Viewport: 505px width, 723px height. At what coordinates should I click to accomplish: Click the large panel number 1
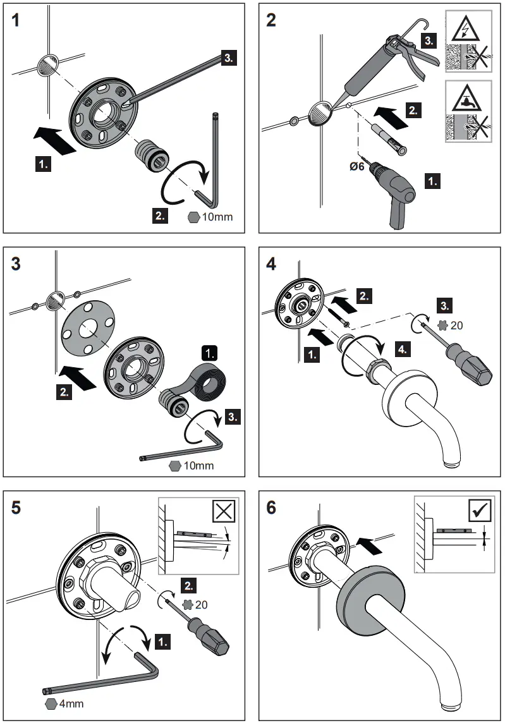(19, 21)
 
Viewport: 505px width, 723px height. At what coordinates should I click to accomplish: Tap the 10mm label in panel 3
(198, 466)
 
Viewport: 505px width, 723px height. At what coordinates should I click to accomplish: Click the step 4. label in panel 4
(402, 348)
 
